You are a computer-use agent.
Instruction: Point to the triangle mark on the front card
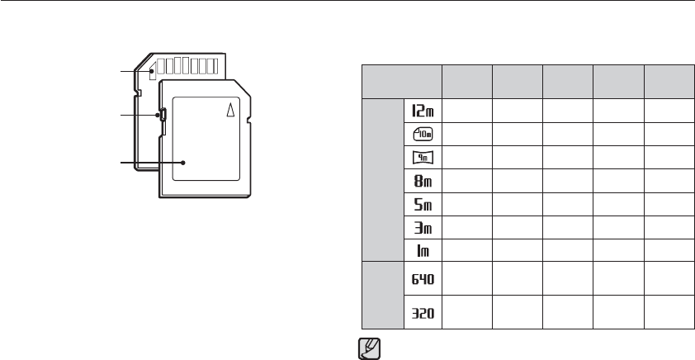point(231,109)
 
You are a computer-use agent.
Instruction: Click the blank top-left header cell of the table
point(400,81)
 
